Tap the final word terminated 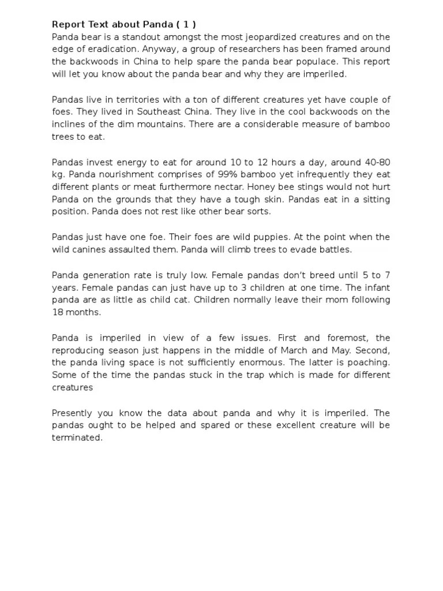click(x=77, y=438)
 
